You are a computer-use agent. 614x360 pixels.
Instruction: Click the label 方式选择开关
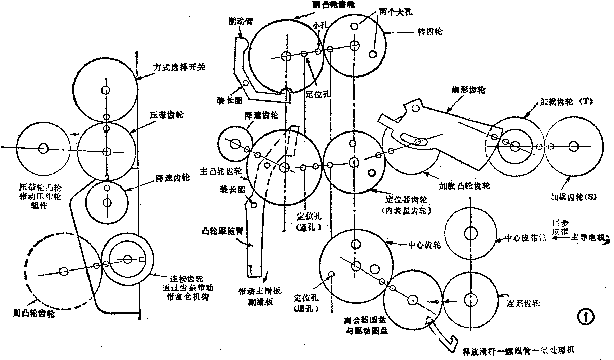pyautogui.click(x=179, y=67)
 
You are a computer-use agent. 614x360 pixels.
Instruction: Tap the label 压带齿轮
pyautogui.click(x=166, y=115)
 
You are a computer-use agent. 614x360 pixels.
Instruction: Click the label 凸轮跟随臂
pyautogui.click(x=221, y=231)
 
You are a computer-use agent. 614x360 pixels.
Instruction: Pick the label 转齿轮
pyautogui.click(x=430, y=32)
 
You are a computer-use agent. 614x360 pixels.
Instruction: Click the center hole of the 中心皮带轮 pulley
pyautogui.click(x=470, y=234)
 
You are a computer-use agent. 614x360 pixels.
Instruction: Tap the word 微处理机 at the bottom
pyautogui.click(x=560, y=350)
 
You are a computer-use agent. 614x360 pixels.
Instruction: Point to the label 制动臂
pyautogui.click(x=241, y=21)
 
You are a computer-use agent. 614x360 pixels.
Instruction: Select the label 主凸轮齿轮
pyautogui.click(x=221, y=172)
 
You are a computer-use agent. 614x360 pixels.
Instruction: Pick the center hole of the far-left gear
pyautogui.click(x=43, y=148)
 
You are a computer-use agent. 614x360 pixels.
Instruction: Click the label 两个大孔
pyautogui.click(x=395, y=12)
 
